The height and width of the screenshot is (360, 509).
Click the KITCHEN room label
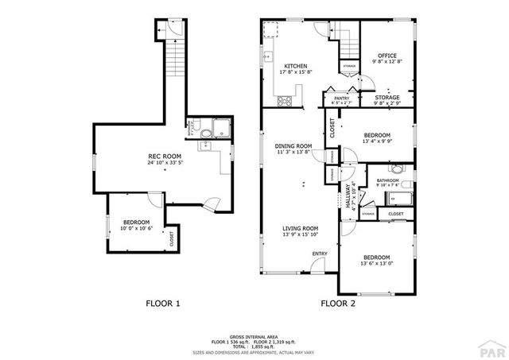[x=296, y=67]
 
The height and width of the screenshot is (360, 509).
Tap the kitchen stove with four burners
[x=284, y=101]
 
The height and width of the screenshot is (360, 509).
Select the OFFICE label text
[x=387, y=56]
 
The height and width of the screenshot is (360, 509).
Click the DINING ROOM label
[x=293, y=146]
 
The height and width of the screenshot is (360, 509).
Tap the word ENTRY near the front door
[x=320, y=254]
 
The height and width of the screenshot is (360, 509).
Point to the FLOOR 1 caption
[x=163, y=303]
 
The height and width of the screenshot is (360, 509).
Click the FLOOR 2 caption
[x=339, y=303]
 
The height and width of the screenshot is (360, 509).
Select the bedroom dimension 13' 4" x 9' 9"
[x=377, y=141]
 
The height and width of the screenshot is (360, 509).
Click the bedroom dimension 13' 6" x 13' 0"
[x=376, y=263]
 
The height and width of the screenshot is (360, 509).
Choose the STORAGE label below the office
[x=387, y=97]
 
